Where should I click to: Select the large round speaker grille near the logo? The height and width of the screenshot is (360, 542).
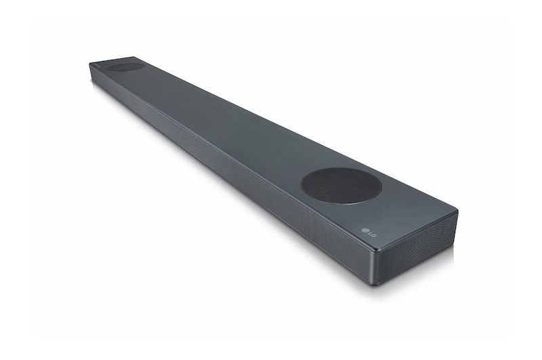(x=341, y=186)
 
